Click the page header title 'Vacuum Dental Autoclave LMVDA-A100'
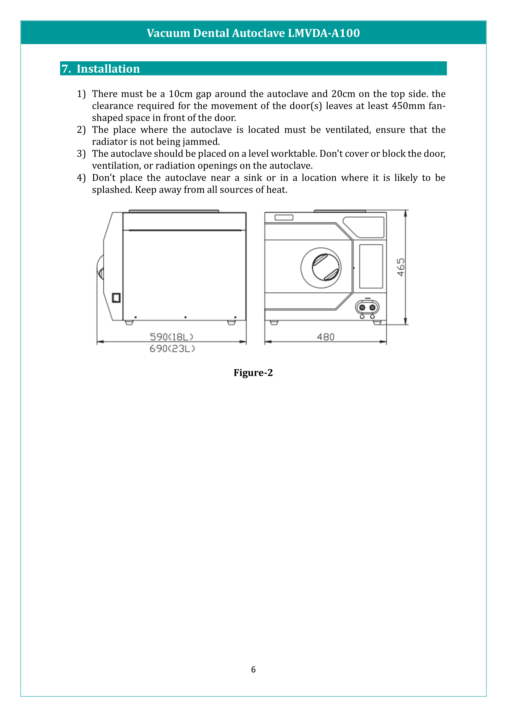[x=253, y=33]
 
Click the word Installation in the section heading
[x=108, y=69]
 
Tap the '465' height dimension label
[x=401, y=267]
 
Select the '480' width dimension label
[x=326, y=337]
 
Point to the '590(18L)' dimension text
[x=171, y=337]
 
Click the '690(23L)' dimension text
[x=172, y=349]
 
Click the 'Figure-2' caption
[x=253, y=372]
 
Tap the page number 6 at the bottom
[x=253, y=669]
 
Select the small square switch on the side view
[x=116, y=298]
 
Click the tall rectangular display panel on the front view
[x=371, y=266]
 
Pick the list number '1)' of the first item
[x=81, y=94]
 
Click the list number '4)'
[x=81, y=178]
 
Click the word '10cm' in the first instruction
[x=181, y=94]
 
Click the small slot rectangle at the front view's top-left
[x=284, y=218]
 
